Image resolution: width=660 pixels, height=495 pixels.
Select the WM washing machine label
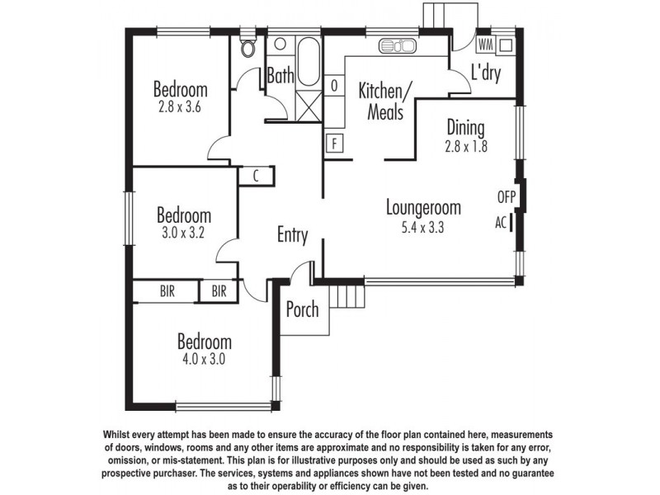485,44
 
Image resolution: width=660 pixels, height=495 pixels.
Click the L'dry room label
486,73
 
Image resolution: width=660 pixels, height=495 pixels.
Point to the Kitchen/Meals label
380,100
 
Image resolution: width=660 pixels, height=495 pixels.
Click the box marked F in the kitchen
335,143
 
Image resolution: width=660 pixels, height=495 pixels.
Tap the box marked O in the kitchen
335,85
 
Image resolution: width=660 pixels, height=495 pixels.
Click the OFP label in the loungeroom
506,197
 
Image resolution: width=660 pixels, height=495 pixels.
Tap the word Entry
292,236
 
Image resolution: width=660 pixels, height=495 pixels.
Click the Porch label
303,311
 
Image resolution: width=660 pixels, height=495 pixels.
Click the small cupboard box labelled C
257,175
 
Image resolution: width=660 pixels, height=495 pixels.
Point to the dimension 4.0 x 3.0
204,360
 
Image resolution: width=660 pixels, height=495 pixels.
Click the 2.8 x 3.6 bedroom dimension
180,106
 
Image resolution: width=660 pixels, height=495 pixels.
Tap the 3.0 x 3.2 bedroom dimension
183,233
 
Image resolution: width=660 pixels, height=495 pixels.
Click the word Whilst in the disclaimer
122,434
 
